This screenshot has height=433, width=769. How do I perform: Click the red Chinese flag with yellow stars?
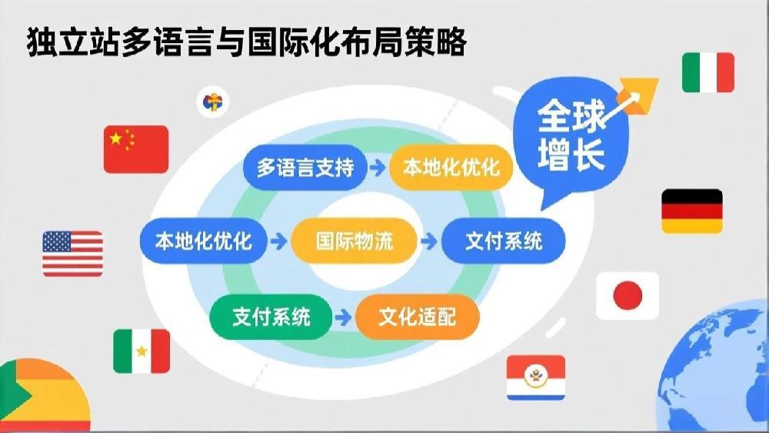point(136,149)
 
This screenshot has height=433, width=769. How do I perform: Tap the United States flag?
point(72,254)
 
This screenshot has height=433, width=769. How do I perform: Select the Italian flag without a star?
point(708,72)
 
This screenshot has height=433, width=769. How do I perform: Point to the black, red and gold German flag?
point(692,211)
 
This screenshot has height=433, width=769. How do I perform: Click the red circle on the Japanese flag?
point(628,295)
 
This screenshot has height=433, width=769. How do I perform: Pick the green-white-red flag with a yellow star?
point(141,351)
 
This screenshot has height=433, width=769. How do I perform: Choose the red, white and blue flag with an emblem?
point(536,378)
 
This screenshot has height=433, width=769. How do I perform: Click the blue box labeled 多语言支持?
point(305,168)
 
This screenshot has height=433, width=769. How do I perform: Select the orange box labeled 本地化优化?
point(451,168)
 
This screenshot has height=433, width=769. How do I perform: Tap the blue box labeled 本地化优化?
point(204,241)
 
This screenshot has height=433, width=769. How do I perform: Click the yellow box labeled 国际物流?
point(354,241)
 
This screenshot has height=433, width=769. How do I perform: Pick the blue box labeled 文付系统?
point(504,241)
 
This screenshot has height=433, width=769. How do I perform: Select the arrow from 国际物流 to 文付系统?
point(429,241)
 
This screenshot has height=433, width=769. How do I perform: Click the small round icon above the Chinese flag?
point(213,102)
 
